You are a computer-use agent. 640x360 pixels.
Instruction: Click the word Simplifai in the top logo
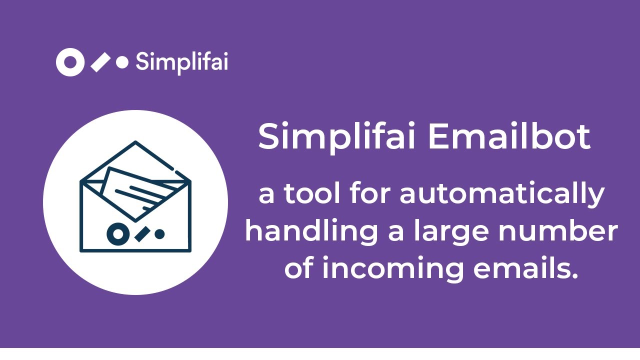[x=181, y=62]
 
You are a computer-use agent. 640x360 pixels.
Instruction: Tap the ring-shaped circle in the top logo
[x=70, y=62]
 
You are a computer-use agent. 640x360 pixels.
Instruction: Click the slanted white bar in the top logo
[x=100, y=62]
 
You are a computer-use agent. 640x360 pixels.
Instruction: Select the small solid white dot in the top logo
[x=122, y=62]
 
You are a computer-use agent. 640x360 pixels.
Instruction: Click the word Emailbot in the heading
[x=509, y=137]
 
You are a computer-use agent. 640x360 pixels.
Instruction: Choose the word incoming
[x=393, y=269]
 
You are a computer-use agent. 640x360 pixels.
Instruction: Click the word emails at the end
[x=525, y=269]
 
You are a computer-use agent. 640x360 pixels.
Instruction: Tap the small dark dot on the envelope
[x=159, y=233]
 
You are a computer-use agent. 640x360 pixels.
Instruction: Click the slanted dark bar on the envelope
[x=141, y=233]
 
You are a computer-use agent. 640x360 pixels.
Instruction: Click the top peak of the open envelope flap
[x=135, y=143]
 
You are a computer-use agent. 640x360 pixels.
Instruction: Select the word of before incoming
[x=299, y=269]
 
